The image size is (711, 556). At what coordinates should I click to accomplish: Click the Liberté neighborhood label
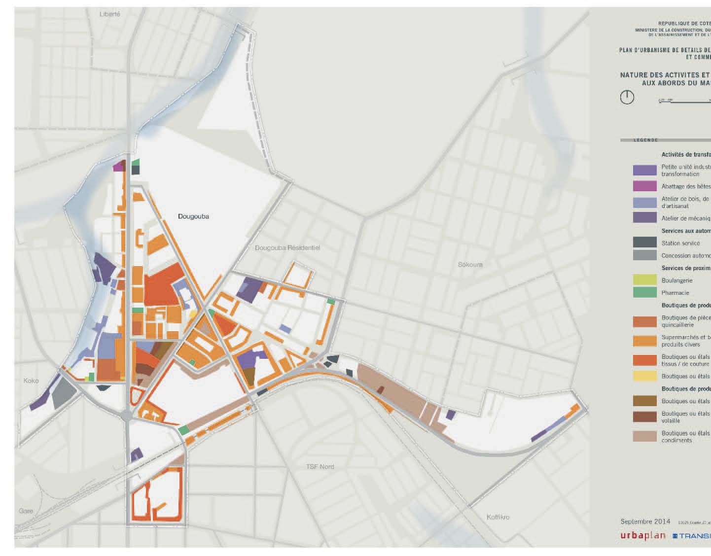click(109, 14)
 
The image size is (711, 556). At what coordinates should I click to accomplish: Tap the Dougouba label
click(193, 216)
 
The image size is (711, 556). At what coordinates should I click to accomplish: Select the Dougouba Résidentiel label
click(287, 248)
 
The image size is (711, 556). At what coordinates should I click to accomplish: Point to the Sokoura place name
click(470, 265)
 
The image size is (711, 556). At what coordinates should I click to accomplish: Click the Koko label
click(31, 381)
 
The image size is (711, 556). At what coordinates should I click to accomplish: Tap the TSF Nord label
click(320, 466)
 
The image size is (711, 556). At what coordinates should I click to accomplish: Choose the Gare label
click(26, 511)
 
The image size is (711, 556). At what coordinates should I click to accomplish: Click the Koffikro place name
click(498, 517)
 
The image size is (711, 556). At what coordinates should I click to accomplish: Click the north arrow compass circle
click(627, 97)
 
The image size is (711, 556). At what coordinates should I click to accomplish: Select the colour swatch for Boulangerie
click(644, 280)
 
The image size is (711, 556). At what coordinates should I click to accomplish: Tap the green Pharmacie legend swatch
click(644, 292)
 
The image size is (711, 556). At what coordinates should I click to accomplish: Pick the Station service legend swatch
click(644, 243)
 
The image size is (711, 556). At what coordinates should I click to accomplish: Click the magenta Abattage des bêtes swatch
click(644, 186)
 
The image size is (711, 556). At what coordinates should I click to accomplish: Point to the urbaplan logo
click(642, 536)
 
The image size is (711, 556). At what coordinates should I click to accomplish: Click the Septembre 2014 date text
click(645, 521)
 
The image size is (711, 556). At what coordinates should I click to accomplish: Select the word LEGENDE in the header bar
click(645, 140)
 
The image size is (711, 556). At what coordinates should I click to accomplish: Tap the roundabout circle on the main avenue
click(128, 417)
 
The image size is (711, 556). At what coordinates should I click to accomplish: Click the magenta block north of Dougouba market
click(118, 167)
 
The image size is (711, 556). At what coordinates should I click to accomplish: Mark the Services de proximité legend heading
click(686, 268)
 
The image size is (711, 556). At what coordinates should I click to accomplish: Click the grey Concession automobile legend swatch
click(644, 255)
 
